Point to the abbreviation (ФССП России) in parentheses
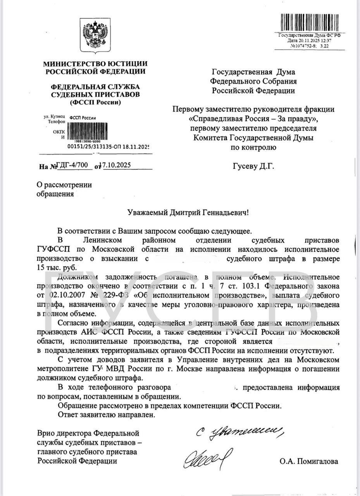click(95, 102)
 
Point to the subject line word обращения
click(55, 194)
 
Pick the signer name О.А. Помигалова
click(308, 461)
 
